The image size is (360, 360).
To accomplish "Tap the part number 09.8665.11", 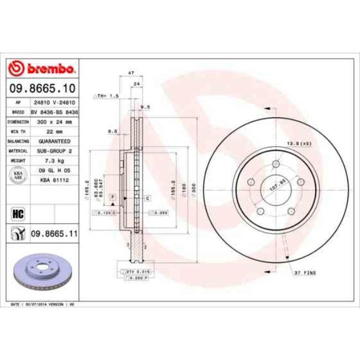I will coord(53,234).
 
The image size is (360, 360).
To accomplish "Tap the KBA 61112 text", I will coord(53,180).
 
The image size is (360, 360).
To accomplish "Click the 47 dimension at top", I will coord(131,73).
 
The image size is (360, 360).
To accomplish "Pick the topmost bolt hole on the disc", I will coord(275,163).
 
